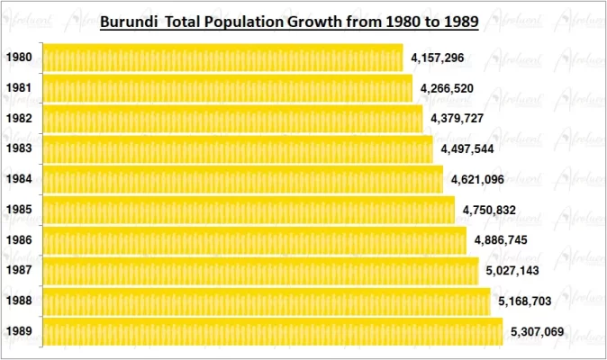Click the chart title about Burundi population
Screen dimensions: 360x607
click(x=288, y=20)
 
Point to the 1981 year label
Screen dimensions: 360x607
click(x=19, y=88)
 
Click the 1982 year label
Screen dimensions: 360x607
click(x=19, y=119)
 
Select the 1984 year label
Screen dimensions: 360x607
click(x=19, y=179)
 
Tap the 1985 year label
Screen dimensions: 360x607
click(x=19, y=210)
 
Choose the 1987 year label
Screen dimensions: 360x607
click(x=19, y=271)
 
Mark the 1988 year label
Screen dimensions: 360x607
click(x=19, y=301)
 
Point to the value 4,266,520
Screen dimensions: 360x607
click(x=446, y=88)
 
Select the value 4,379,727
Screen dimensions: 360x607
click(x=458, y=119)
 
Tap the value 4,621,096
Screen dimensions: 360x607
click(x=478, y=179)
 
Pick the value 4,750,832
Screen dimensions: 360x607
click(x=490, y=210)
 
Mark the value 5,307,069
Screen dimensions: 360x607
click(x=537, y=332)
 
